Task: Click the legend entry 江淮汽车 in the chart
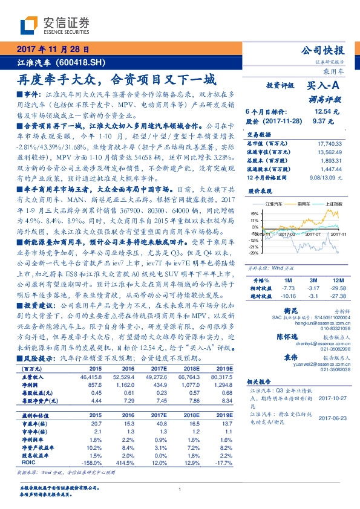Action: (x=270, y=205)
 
